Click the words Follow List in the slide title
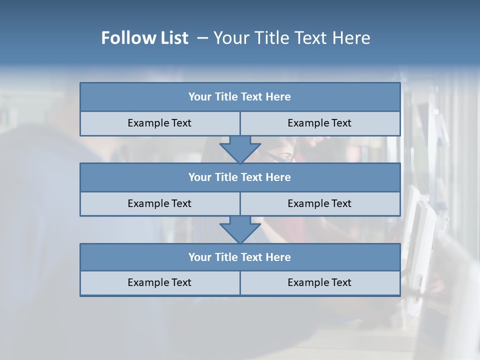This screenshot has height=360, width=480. point(145,38)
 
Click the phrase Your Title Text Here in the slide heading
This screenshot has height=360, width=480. point(291,38)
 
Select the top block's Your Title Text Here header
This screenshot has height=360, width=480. point(239,97)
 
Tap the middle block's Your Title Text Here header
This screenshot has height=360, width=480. point(239,177)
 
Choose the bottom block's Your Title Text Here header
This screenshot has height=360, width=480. point(239,257)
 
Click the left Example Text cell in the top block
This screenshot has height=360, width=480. point(159,123)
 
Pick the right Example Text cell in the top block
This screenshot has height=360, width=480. point(319,123)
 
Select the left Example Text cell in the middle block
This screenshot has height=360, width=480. point(159,203)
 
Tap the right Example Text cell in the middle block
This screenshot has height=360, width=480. point(319,203)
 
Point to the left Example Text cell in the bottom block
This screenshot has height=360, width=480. point(159,282)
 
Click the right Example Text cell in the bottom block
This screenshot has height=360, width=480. point(319,282)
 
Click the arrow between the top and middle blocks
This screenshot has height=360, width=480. point(240,149)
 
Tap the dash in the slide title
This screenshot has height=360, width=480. point(203,38)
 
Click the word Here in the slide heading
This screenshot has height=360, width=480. point(352,38)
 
